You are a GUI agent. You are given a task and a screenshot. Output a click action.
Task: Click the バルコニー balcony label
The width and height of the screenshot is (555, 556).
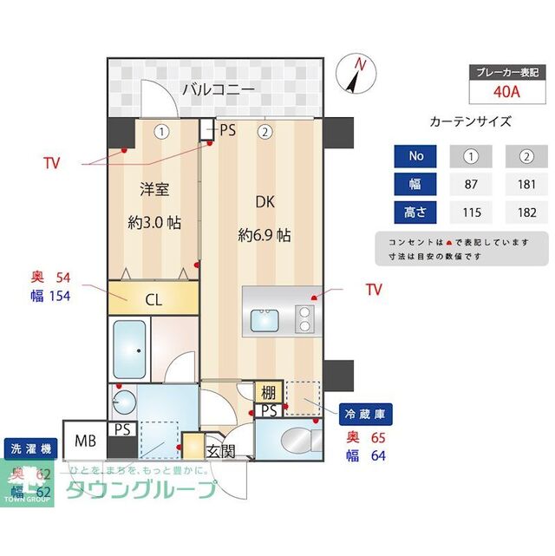tap(218, 89)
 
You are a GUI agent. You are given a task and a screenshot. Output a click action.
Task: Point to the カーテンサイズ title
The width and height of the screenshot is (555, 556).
tap(470, 122)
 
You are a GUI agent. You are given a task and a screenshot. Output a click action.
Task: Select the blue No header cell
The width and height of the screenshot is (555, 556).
tap(416, 156)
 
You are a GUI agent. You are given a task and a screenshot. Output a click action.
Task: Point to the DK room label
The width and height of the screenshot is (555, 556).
tap(264, 201)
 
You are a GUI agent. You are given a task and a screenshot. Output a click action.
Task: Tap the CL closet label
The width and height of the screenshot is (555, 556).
tap(153, 302)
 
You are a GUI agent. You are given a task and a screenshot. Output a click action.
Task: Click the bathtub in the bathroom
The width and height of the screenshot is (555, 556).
tap(130, 347)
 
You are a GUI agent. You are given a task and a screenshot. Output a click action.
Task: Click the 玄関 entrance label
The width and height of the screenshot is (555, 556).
tap(220, 451)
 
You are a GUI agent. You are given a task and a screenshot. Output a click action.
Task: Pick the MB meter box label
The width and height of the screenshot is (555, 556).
tap(85, 441)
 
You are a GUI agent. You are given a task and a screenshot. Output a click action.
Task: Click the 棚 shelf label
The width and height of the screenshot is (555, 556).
tap(268, 392)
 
